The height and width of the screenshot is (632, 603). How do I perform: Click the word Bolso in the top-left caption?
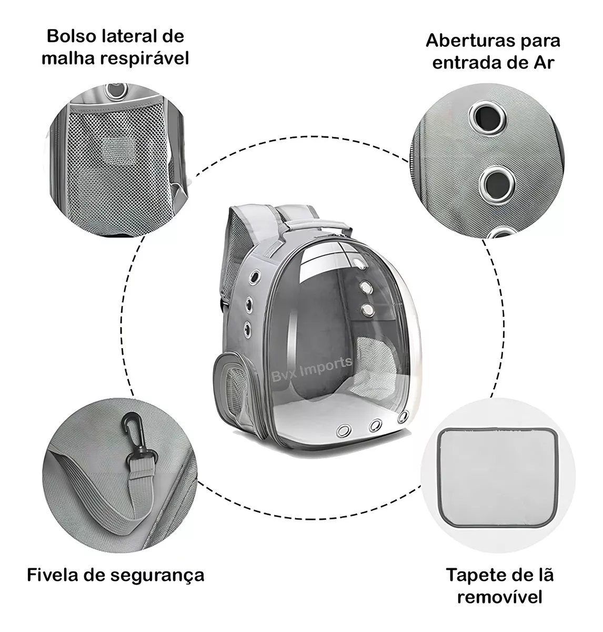[72, 36]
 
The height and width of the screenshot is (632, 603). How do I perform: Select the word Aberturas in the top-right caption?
[471, 41]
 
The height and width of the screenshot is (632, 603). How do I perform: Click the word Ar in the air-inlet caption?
[544, 63]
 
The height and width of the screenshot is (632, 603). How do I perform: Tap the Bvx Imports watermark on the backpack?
[311, 370]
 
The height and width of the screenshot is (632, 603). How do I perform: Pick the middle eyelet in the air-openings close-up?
[497, 185]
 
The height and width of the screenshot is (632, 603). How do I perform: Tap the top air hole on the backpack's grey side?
[252, 277]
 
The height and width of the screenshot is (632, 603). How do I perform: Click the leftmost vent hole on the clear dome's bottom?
[344, 431]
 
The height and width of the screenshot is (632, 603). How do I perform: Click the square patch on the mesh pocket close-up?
[117, 149]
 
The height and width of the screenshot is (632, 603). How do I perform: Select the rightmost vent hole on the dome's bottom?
[404, 417]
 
